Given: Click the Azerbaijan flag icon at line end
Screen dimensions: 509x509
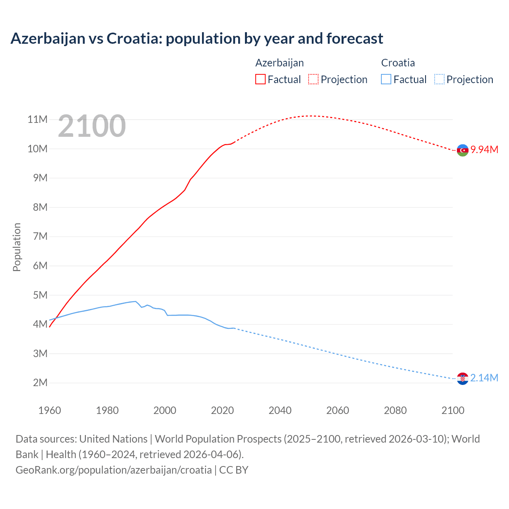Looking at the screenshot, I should pos(462,150).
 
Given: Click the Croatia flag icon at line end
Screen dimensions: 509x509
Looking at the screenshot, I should pos(462,379).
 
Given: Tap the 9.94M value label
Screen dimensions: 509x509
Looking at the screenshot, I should pos(484,150).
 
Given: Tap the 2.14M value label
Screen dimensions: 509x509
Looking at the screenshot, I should pos(484,378).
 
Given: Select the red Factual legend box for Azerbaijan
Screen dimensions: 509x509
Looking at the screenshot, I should pos(260,79).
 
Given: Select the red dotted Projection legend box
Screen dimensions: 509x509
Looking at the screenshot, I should pos(313,79).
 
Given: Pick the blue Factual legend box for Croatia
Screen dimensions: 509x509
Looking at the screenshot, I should pos(386,79).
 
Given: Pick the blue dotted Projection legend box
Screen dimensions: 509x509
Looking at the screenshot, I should pos(439,79).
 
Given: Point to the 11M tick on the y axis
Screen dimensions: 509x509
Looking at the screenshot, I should pos(38,119).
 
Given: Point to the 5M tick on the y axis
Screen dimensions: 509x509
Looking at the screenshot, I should pos(40,295).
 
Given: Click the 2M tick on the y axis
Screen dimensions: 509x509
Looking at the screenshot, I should pos(40,383).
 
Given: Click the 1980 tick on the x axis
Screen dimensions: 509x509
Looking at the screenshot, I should pos(107,410).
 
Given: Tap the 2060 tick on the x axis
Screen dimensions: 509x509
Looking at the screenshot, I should pos(338,410).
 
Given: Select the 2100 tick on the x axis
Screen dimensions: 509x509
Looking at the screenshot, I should pos(453,410).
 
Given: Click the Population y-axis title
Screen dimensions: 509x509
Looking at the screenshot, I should pos(17,247).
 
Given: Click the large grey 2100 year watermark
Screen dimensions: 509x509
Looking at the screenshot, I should pos(92,126).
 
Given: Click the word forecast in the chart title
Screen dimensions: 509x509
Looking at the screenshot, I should pos(355,39).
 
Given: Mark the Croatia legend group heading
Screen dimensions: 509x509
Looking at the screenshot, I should pos(398,63).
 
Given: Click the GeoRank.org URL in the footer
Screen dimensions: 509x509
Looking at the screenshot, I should pos(113,470).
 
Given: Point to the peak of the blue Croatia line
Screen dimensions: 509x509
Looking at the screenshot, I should pos(135,301).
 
